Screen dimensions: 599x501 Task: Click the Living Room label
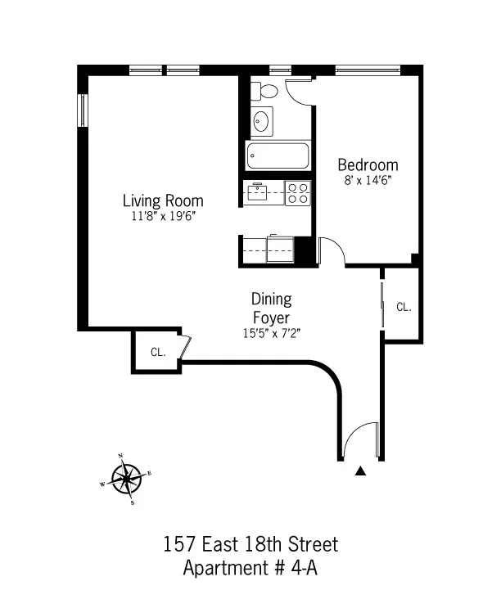163,200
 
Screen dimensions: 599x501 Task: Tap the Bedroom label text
368,164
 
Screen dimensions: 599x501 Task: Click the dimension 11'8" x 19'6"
163,217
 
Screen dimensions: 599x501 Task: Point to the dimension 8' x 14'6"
368,180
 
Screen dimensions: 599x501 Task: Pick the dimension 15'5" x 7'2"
271,333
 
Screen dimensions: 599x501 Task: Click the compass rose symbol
126,479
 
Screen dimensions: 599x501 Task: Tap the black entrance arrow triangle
359,471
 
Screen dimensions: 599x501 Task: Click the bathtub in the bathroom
277,155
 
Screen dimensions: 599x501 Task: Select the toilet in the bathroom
264,91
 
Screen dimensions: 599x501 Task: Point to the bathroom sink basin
262,122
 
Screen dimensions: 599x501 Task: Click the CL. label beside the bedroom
404,308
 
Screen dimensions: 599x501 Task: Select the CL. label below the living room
158,353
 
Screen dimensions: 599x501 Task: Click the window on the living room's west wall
82,110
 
